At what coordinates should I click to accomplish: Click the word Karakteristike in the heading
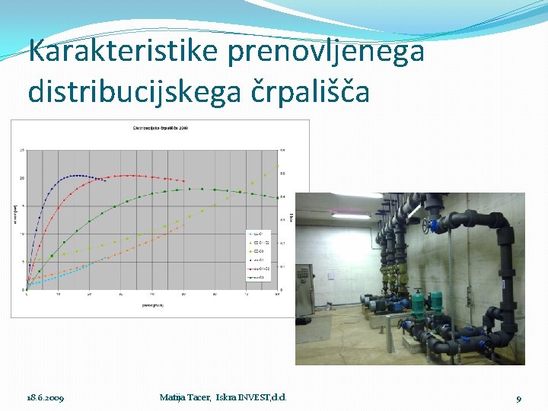pos(122,52)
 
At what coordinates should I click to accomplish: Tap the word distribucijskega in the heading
pos(135,91)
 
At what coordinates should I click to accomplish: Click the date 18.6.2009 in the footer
pos(46,398)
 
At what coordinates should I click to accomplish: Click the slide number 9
pos(518,398)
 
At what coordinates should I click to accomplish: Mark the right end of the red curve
pos(183,181)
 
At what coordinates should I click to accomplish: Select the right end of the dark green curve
pos(278,198)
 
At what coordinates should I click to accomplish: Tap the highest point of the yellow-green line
pos(278,165)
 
